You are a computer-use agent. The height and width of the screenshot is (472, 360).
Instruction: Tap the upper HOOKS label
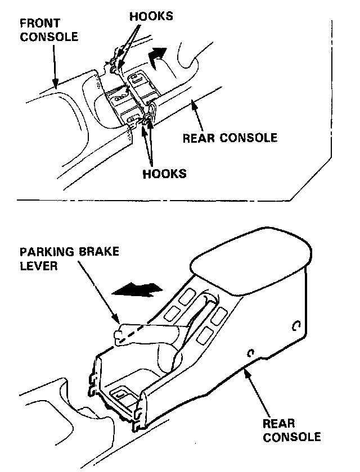pyautogui.click(x=151, y=16)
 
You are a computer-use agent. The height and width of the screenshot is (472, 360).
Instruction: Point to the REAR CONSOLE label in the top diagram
pyautogui.click(x=230, y=137)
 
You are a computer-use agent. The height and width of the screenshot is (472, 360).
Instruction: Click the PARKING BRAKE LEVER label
pyautogui.click(x=69, y=258)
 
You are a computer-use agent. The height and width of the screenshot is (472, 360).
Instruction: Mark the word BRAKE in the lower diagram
pyautogui.click(x=99, y=252)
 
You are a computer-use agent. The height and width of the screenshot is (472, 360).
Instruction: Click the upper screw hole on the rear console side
pyautogui.click(x=296, y=325)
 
